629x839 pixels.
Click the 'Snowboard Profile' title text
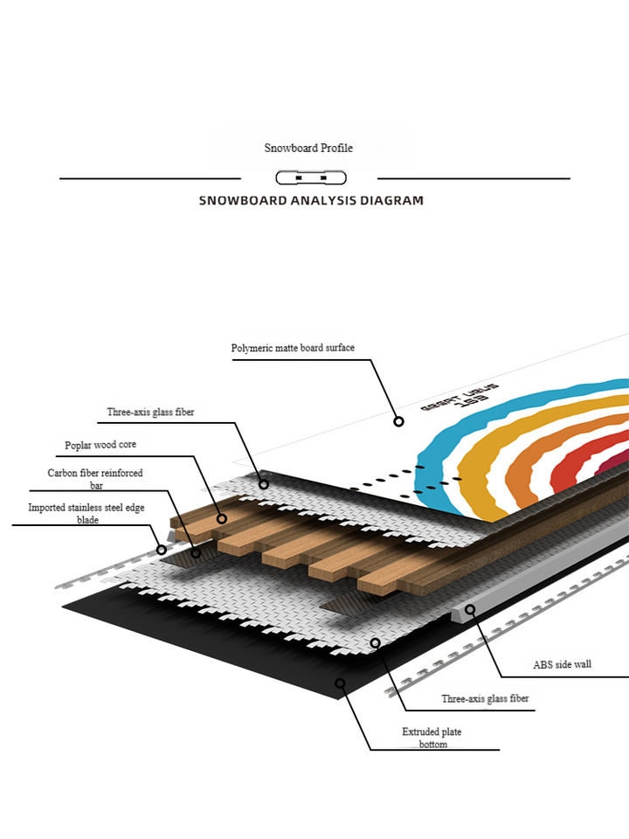(308, 149)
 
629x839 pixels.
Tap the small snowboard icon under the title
(311, 178)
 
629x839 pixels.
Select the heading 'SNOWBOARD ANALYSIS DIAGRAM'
(311, 200)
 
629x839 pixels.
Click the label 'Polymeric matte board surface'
(293, 348)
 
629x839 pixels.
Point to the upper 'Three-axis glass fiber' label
(150, 412)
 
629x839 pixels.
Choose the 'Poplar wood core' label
(100, 445)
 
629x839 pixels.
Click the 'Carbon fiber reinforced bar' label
(95, 479)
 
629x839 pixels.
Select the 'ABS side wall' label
(562, 664)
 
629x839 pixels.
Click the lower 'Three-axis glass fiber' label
(485, 698)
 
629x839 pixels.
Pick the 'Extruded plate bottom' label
(432, 738)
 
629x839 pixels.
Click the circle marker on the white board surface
(398, 421)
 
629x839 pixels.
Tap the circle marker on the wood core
(222, 518)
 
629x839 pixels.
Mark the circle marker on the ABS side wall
(470, 609)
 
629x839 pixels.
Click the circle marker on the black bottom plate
(340, 683)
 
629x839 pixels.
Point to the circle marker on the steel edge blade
(161, 550)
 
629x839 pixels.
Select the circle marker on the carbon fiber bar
(196, 552)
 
